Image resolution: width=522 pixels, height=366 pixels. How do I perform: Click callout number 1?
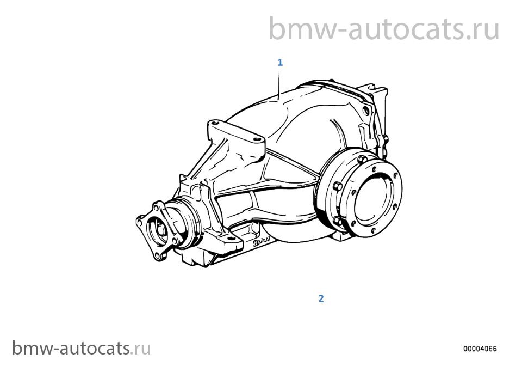[280, 62]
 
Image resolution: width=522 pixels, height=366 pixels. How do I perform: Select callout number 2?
[321, 298]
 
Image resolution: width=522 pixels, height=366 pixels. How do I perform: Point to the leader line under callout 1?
[279, 84]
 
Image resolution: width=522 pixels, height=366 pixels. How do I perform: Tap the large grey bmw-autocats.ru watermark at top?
[384, 29]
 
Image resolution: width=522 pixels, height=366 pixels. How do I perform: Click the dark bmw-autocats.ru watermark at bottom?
[82, 349]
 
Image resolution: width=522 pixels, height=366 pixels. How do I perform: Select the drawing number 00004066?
[480, 349]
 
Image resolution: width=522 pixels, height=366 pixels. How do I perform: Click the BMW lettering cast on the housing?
[261, 241]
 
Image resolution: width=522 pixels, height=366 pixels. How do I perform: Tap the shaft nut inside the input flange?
[161, 230]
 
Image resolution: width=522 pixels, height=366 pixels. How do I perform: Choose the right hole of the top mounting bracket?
[257, 139]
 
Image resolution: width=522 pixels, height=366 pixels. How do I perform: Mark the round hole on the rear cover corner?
[365, 110]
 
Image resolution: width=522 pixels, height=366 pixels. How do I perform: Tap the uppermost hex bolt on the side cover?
[362, 160]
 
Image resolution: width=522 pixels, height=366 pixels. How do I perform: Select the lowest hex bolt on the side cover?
[337, 221]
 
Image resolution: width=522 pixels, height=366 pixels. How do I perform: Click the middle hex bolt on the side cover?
[337, 186]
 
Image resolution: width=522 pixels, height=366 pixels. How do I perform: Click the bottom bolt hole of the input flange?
[157, 255]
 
